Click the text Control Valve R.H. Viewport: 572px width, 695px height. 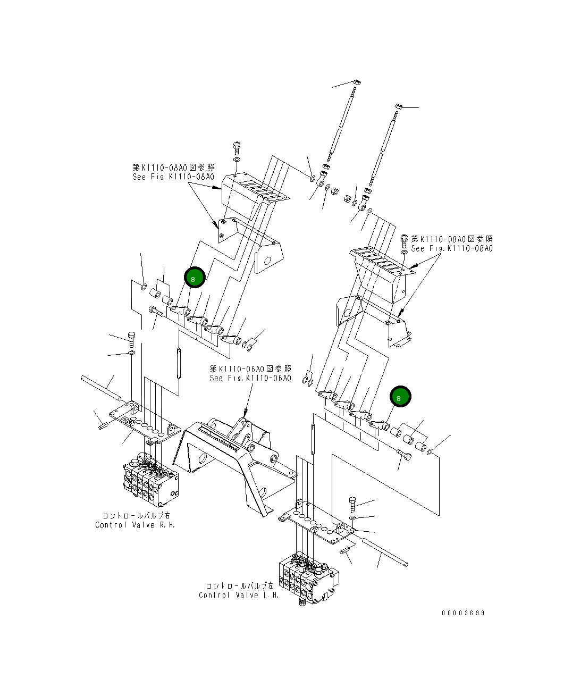(134, 525)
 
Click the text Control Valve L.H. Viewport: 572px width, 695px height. (239, 595)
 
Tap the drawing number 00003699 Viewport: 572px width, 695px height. (463, 613)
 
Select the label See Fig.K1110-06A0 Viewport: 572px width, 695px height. (250, 378)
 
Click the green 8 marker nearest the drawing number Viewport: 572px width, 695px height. (400, 397)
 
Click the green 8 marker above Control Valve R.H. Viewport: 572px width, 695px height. (194, 278)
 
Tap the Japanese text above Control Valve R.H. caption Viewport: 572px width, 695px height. (137, 515)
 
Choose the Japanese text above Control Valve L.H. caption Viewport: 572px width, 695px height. (239, 585)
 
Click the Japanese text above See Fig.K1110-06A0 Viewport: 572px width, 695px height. (250, 369)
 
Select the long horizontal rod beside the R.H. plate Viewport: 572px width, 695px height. (103, 387)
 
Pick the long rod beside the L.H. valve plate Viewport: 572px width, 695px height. (385, 552)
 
